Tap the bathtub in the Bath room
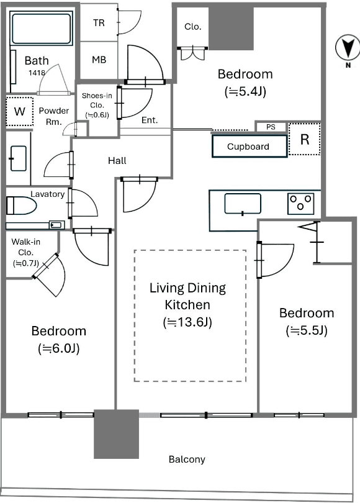coord(41,28)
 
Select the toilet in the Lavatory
coord(21,206)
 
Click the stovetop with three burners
coord(300,204)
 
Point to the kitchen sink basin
coord(243,204)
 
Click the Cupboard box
coord(249,147)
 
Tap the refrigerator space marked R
coord(305,139)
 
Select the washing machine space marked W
coord(20,111)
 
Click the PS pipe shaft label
coord(271,127)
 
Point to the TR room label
coord(99,23)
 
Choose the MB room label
coord(99,60)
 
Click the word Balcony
coord(187,460)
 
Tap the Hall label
coord(117,160)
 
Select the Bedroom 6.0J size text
coord(59,348)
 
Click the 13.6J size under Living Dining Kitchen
coord(187,322)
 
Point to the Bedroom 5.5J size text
coord(307,330)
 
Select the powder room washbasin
coord(18,158)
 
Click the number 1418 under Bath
coord(37,73)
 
